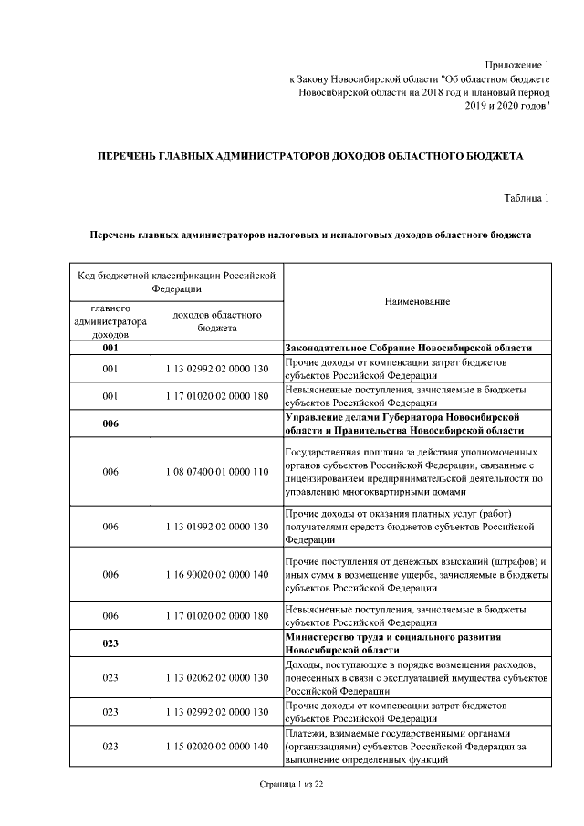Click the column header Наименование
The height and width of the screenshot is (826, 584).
417,301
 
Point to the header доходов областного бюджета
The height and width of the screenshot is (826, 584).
217,320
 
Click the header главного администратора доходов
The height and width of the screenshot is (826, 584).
110,320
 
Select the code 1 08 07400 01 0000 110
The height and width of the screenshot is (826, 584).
217,472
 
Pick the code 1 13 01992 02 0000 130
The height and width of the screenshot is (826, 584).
217,527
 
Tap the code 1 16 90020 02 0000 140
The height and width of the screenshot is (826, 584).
217,574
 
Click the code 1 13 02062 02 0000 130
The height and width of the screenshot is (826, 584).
217,677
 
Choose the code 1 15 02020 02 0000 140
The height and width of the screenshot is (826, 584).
217,746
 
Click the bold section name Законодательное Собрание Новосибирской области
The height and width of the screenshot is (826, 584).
408,349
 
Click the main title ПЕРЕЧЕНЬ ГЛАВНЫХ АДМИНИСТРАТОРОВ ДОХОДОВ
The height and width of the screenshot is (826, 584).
309,157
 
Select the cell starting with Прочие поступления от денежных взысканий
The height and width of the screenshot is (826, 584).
417,574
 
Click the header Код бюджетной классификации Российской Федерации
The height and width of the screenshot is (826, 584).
175,280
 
